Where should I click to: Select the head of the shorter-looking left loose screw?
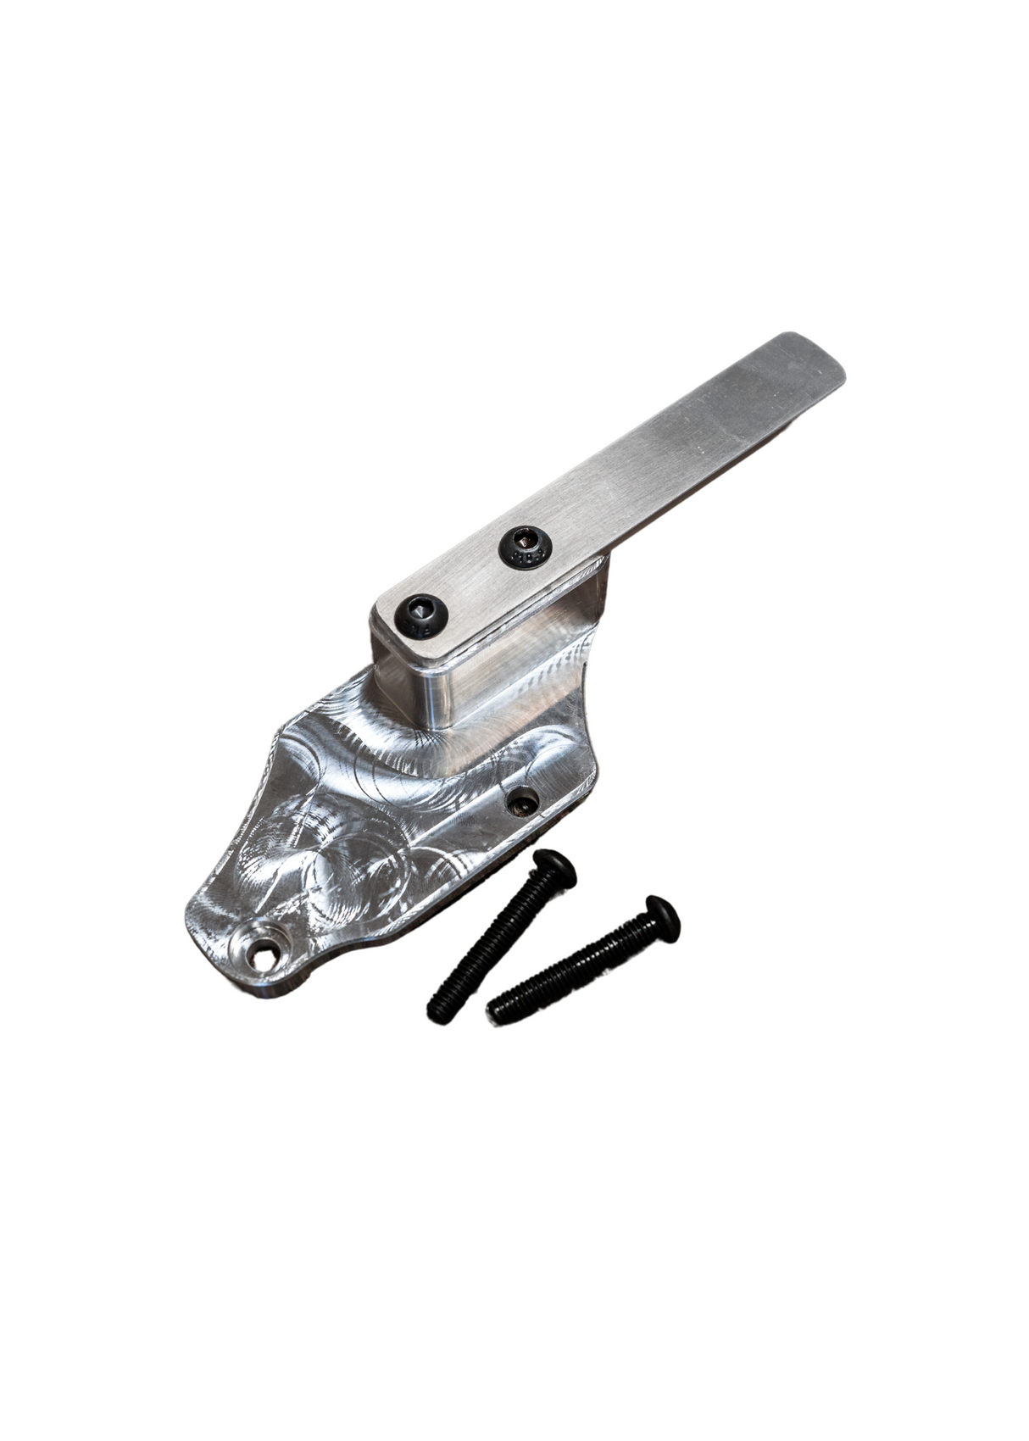(553, 867)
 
